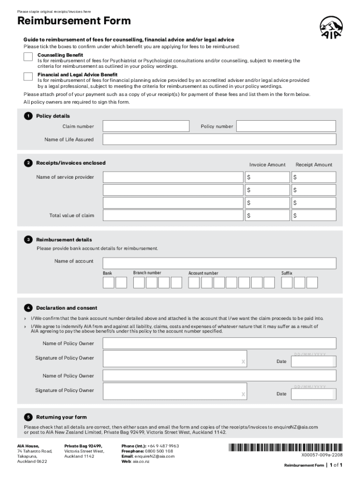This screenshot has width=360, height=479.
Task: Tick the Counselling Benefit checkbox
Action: (x=28, y=57)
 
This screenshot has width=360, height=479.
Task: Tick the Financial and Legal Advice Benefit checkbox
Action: (x=28, y=77)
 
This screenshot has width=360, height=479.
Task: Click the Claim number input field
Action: (x=146, y=126)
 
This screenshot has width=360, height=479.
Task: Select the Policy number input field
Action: (x=286, y=126)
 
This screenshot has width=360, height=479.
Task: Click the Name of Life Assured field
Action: (x=219, y=139)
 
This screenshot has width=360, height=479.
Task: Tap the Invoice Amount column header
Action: (x=267, y=165)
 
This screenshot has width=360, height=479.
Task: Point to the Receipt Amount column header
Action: (x=314, y=165)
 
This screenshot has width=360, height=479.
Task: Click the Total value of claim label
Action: (x=72, y=216)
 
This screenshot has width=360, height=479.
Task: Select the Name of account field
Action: (x=219, y=263)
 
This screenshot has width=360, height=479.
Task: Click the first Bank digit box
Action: (x=108, y=283)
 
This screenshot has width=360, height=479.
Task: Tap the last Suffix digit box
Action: (x=312, y=283)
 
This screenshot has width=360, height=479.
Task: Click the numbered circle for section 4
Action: (x=29, y=308)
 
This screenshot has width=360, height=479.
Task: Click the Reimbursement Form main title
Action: (x=74, y=21)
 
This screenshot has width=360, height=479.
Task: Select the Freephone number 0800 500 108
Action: (x=159, y=451)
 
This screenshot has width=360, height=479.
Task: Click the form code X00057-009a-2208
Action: (x=322, y=455)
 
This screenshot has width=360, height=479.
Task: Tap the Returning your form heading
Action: (x=61, y=417)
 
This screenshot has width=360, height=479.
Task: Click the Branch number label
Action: (x=147, y=273)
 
